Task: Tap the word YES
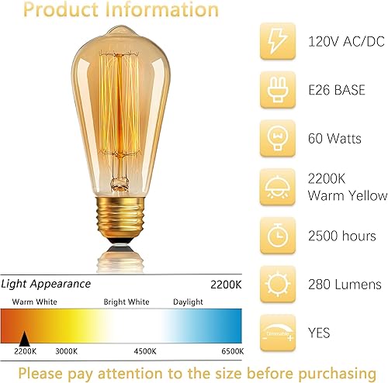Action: point(318,333)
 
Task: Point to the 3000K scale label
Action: point(67,351)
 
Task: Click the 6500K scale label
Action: point(227,351)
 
